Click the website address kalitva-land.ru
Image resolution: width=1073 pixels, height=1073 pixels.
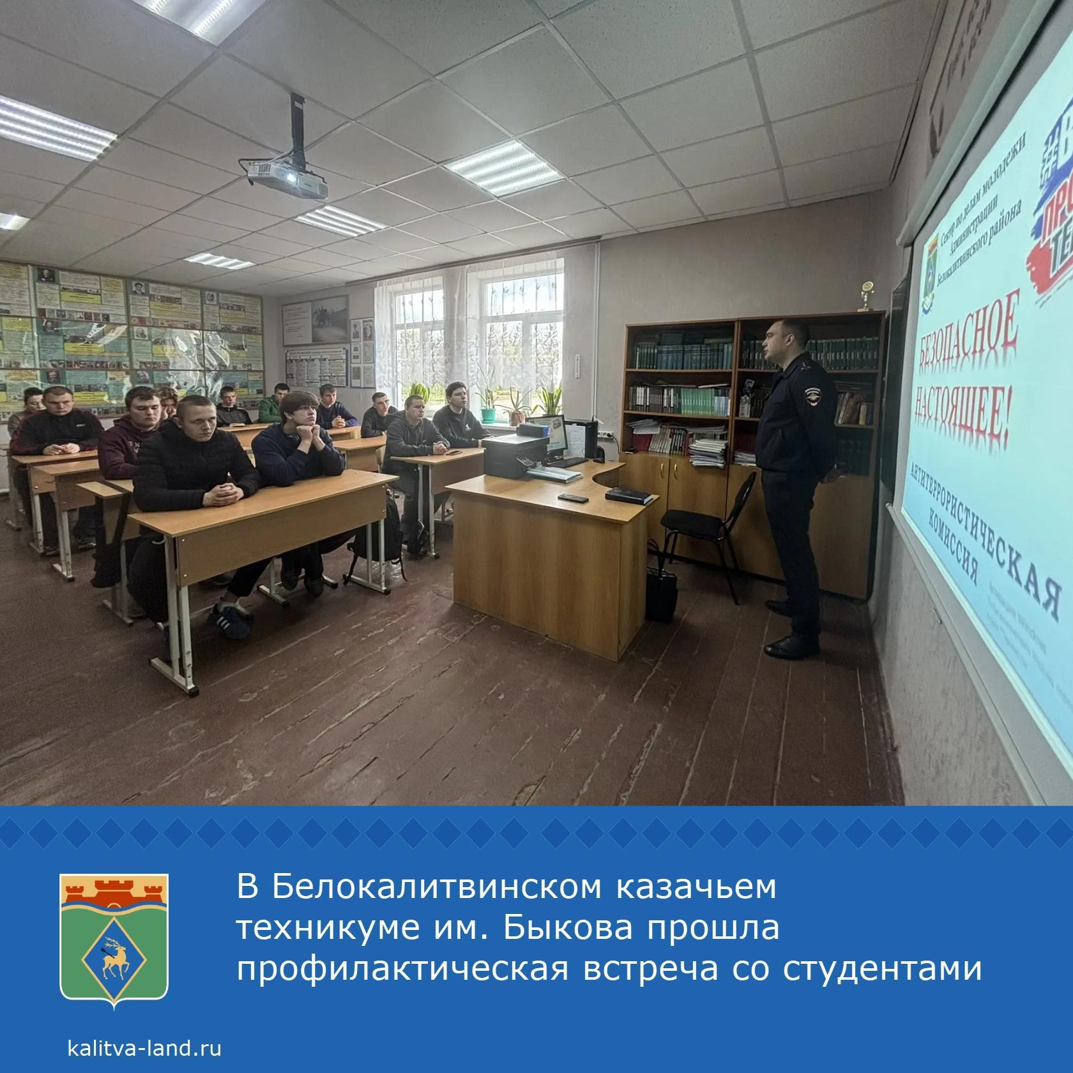click(144, 1048)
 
